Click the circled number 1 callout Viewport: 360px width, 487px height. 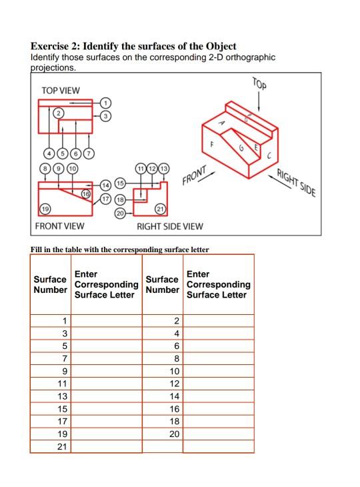point(105,103)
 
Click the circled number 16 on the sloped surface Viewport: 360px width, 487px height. point(85,193)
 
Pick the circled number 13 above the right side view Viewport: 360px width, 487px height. point(164,168)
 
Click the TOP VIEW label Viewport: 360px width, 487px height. point(60,90)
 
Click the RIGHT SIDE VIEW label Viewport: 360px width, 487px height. point(169,227)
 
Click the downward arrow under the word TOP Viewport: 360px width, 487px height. point(259,101)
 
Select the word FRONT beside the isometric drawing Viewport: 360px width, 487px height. point(195,175)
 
